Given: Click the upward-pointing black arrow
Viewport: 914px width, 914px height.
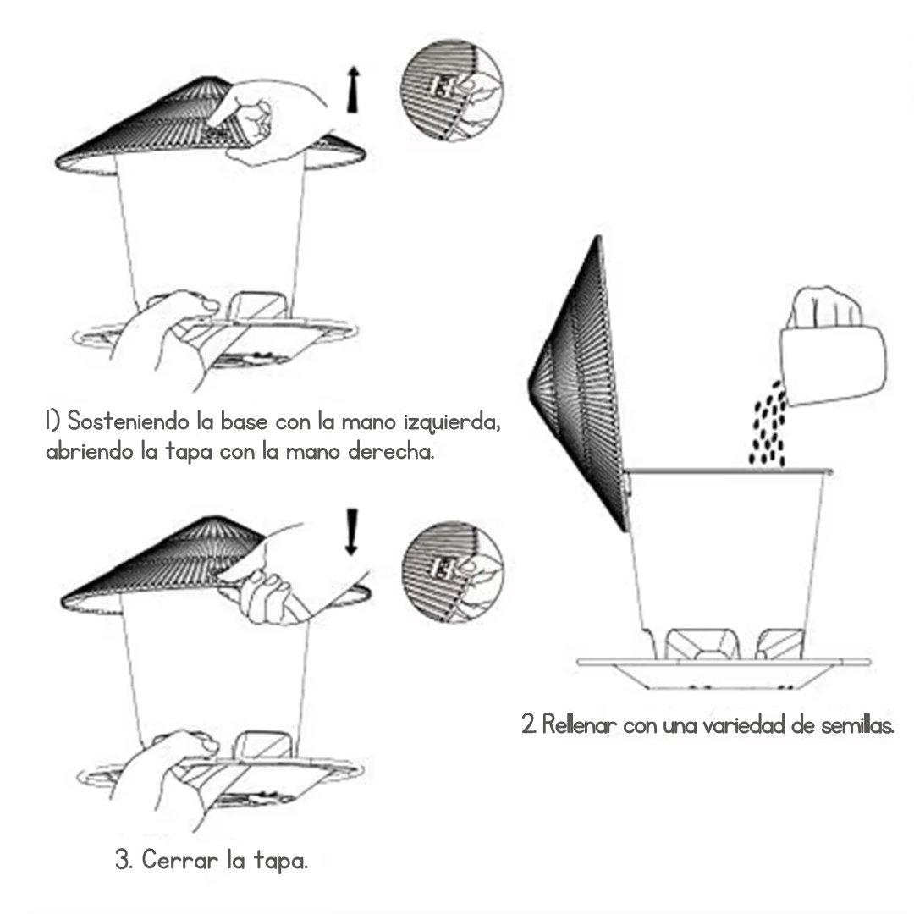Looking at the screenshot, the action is click(353, 90).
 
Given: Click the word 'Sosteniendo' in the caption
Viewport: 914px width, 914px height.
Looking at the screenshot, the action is click(129, 421).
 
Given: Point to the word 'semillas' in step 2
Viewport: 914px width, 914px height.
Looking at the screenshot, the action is click(856, 725).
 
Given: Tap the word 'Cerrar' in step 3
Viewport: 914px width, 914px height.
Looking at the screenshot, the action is click(180, 860).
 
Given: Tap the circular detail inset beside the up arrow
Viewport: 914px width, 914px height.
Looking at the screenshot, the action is click(452, 90).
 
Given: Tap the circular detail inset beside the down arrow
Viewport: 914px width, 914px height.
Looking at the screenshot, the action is click(452, 572).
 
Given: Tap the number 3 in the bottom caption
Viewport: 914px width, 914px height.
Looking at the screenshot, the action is click(123, 861).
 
